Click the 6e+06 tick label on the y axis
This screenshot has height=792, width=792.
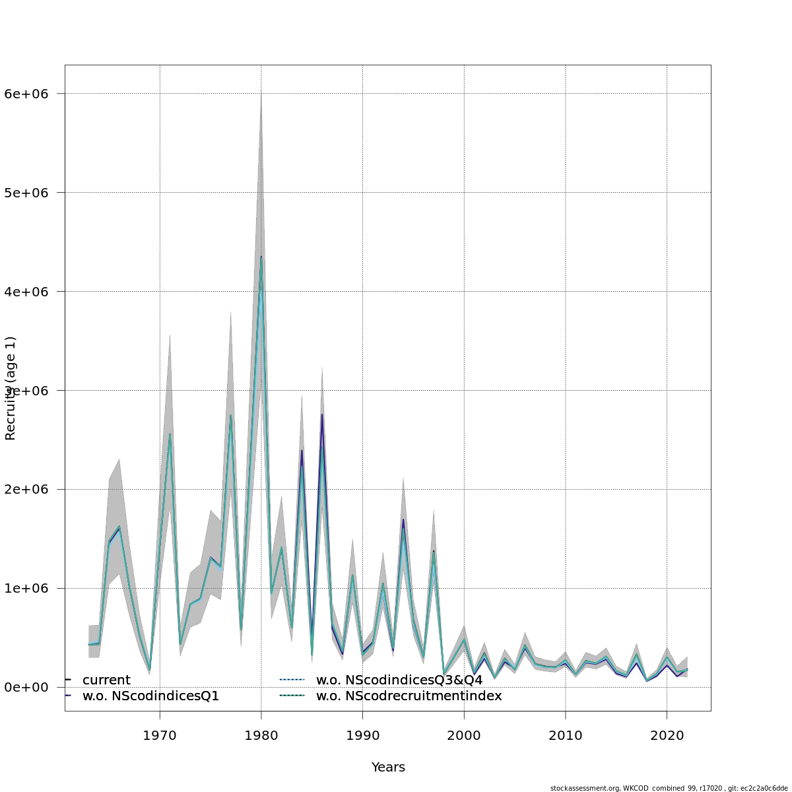tap(30, 94)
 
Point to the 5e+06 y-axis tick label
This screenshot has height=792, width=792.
tap(30, 193)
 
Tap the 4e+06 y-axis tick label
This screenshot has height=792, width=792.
tap(30, 292)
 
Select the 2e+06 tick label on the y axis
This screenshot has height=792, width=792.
tap(30, 490)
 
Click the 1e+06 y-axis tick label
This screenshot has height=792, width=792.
tap(30, 589)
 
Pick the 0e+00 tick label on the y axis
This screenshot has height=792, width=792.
tap(30, 688)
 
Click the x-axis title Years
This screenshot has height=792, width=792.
tap(388, 768)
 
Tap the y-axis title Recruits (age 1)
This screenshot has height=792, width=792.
tap(11, 388)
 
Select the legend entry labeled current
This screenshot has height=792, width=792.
tap(106, 680)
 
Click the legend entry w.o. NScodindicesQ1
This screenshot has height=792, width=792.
tap(150, 696)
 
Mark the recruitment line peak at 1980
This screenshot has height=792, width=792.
tap(261, 257)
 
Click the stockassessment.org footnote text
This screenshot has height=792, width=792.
tap(669, 788)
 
